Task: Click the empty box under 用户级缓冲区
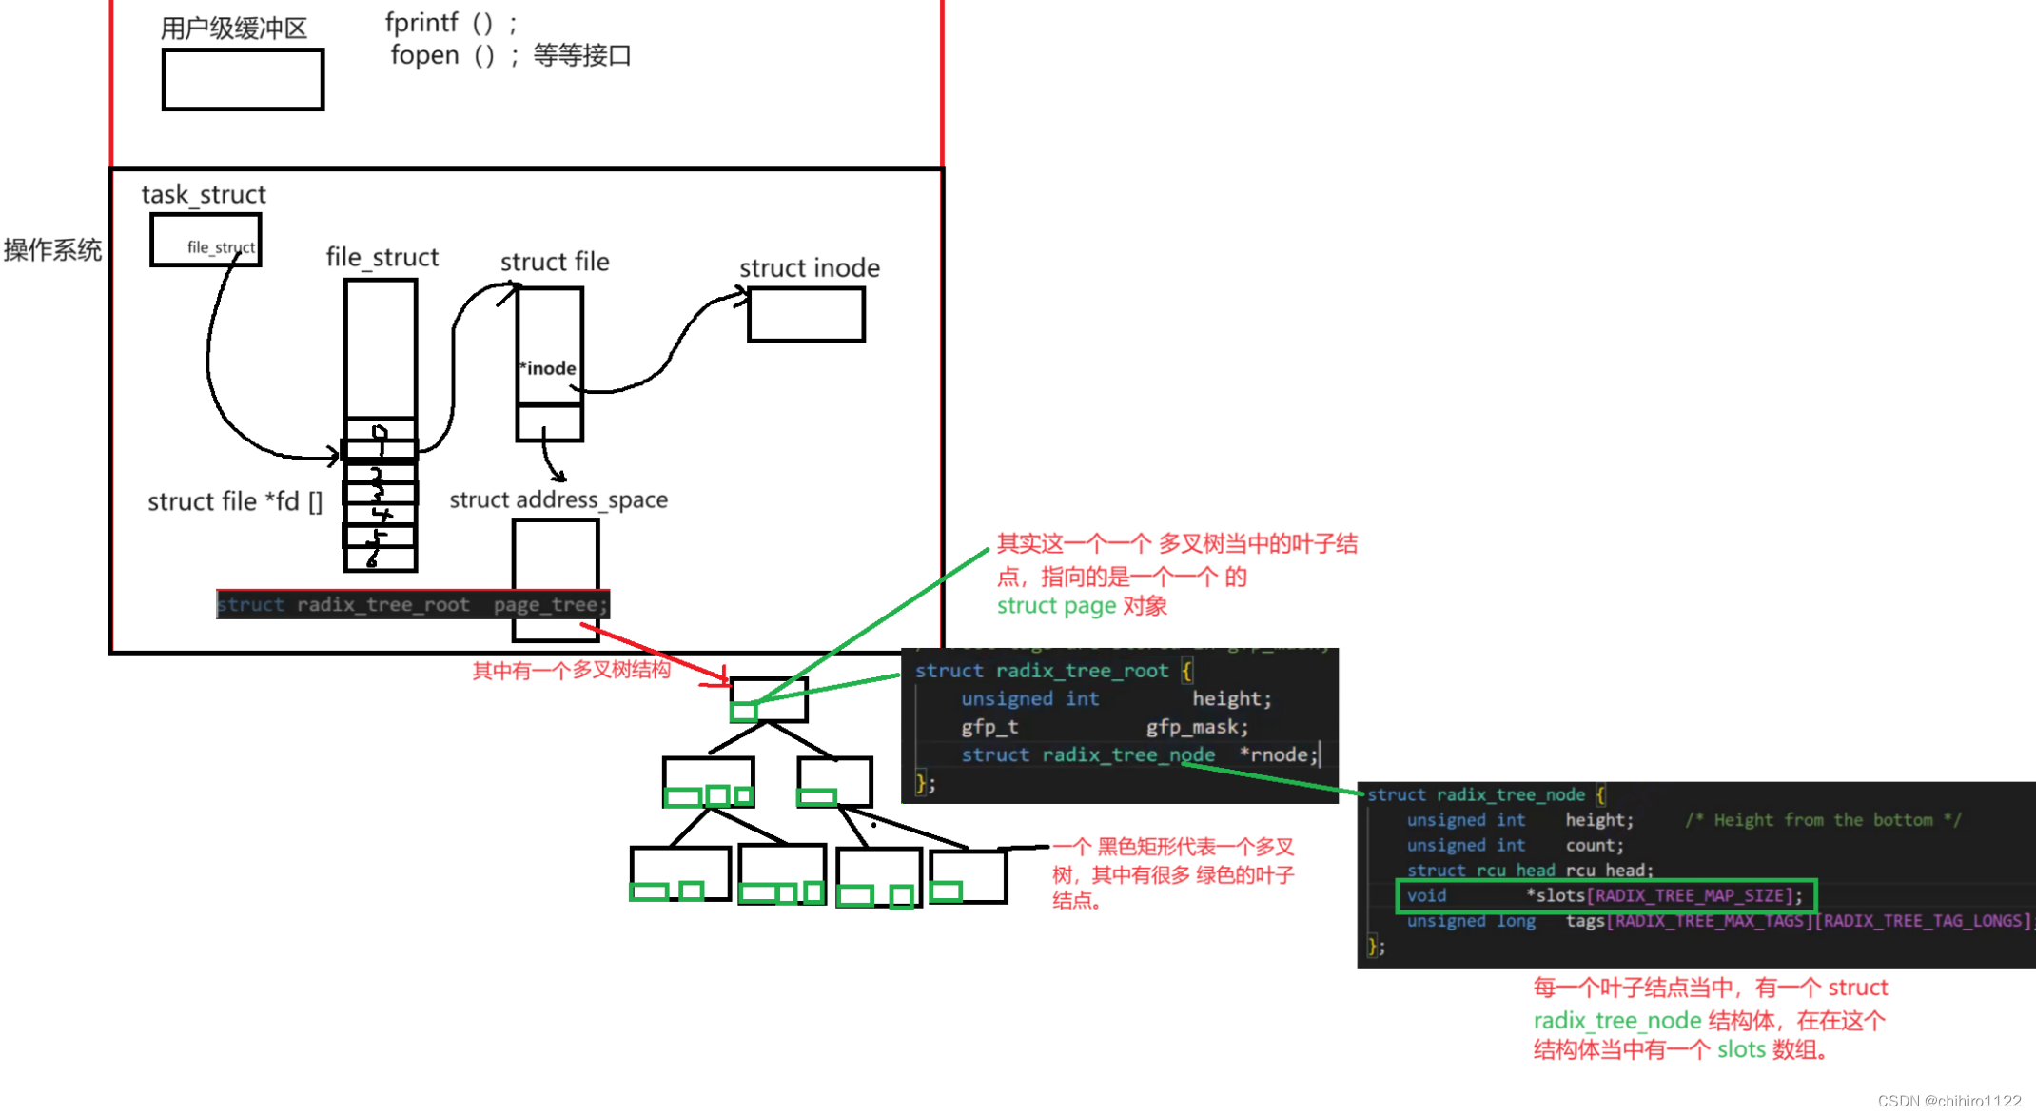[x=243, y=80]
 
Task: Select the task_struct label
[x=204, y=195]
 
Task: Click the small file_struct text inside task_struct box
[x=221, y=247]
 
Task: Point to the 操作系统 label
[x=52, y=250]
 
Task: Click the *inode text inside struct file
[x=548, y=368]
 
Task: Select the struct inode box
[x=806, y=315]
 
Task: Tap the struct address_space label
[x=558, y=499]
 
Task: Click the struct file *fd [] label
[x=235, y=501]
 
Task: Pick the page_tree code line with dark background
[x=412, y=604]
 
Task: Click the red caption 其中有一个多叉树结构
[x=571, y=671]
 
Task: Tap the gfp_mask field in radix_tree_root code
[x=1196, y=727]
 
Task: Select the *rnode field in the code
[x=1279, y=754]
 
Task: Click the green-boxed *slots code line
[x=1605, y=895]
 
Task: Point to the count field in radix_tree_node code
[x=1594, y=845]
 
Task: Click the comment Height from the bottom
[x=1822, y=820]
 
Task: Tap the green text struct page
[x=1056, y=606]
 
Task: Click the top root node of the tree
[x=769, y=699]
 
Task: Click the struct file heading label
[x=555, y=262]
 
